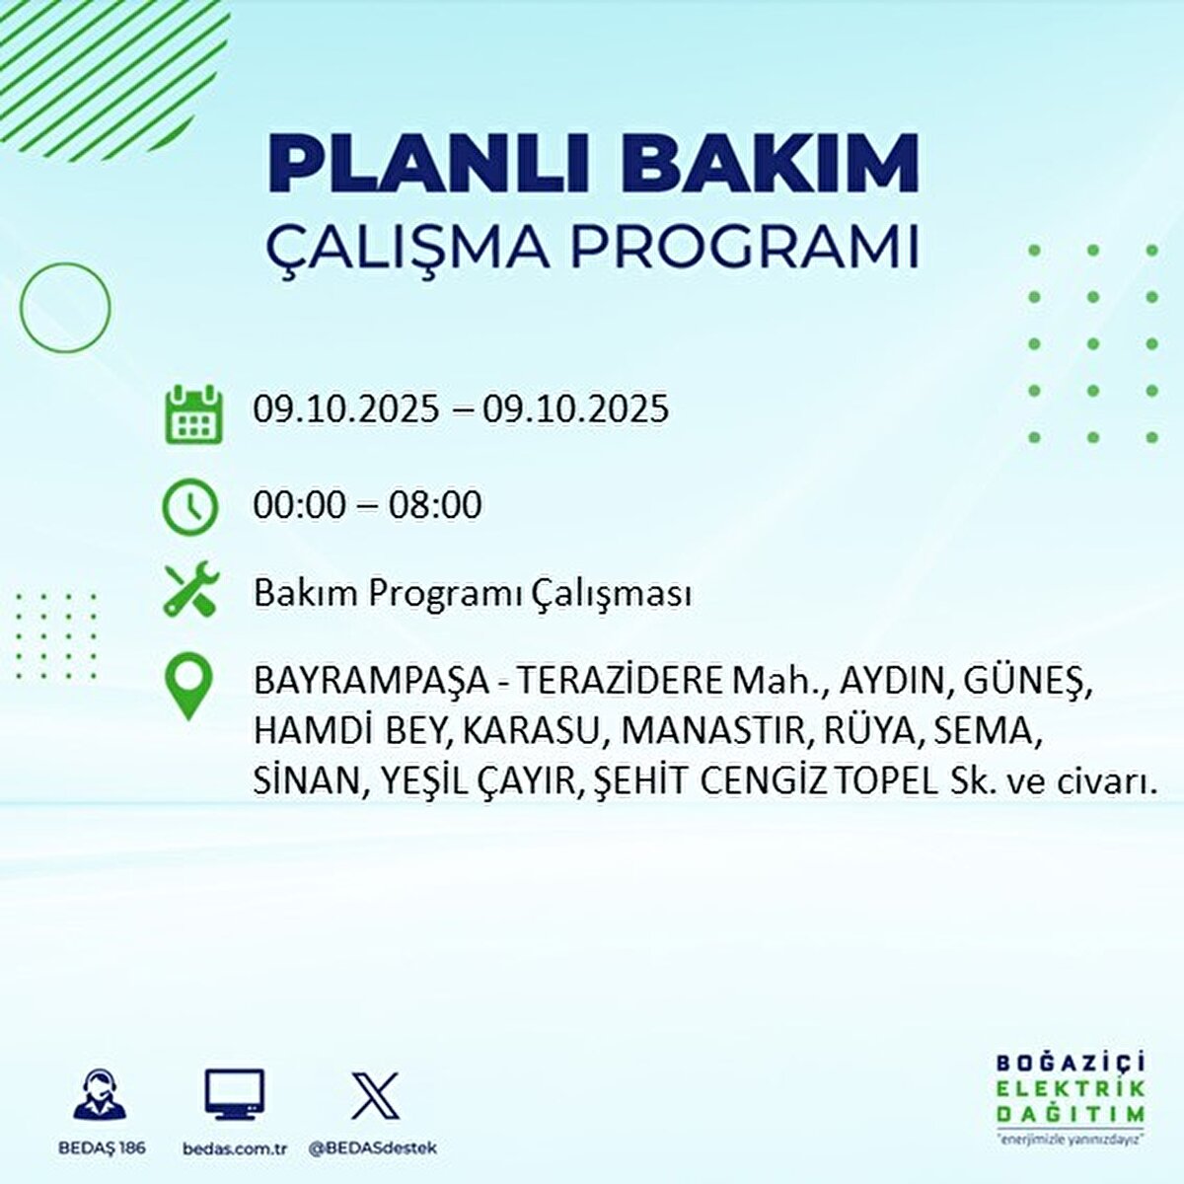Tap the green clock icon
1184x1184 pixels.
189,507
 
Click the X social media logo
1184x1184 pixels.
376,1096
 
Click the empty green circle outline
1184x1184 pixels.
65,308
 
